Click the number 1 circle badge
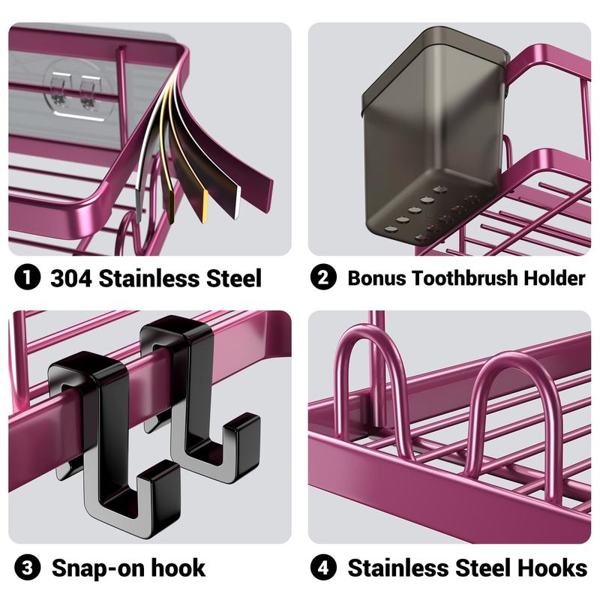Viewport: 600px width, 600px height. tap(27, 277)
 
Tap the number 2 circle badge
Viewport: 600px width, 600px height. tap(323, 277)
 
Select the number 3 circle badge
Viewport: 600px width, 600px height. tap(27, 568)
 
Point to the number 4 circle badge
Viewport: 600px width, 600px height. tap(323, 568)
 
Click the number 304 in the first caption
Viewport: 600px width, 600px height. tap(71, 277)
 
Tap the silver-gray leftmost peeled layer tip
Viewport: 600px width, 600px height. tap(139, 199)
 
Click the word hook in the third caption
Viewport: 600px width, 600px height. tap(178, 568)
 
